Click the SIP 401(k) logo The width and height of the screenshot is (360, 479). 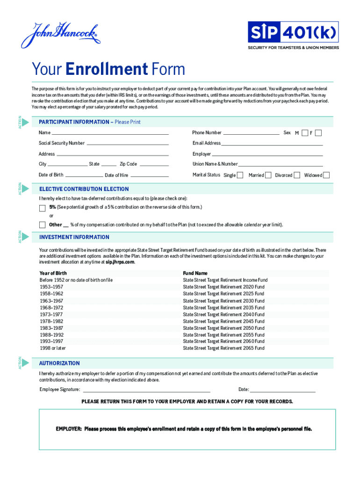293,32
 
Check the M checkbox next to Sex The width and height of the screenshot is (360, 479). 305,133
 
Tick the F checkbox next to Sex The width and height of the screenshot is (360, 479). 318,133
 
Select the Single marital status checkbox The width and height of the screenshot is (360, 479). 240,175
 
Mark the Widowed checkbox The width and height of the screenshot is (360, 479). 326,175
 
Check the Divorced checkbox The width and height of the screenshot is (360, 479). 297,175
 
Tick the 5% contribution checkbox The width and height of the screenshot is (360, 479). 43,207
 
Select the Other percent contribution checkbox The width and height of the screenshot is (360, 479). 43,225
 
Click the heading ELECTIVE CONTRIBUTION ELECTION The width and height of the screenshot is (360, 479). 84,189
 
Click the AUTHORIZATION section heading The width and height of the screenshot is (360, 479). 59,363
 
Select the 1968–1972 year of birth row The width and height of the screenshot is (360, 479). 51,308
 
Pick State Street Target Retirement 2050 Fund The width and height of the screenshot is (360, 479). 223,328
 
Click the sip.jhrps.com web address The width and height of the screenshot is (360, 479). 120,262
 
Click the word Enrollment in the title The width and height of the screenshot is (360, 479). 107,70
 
